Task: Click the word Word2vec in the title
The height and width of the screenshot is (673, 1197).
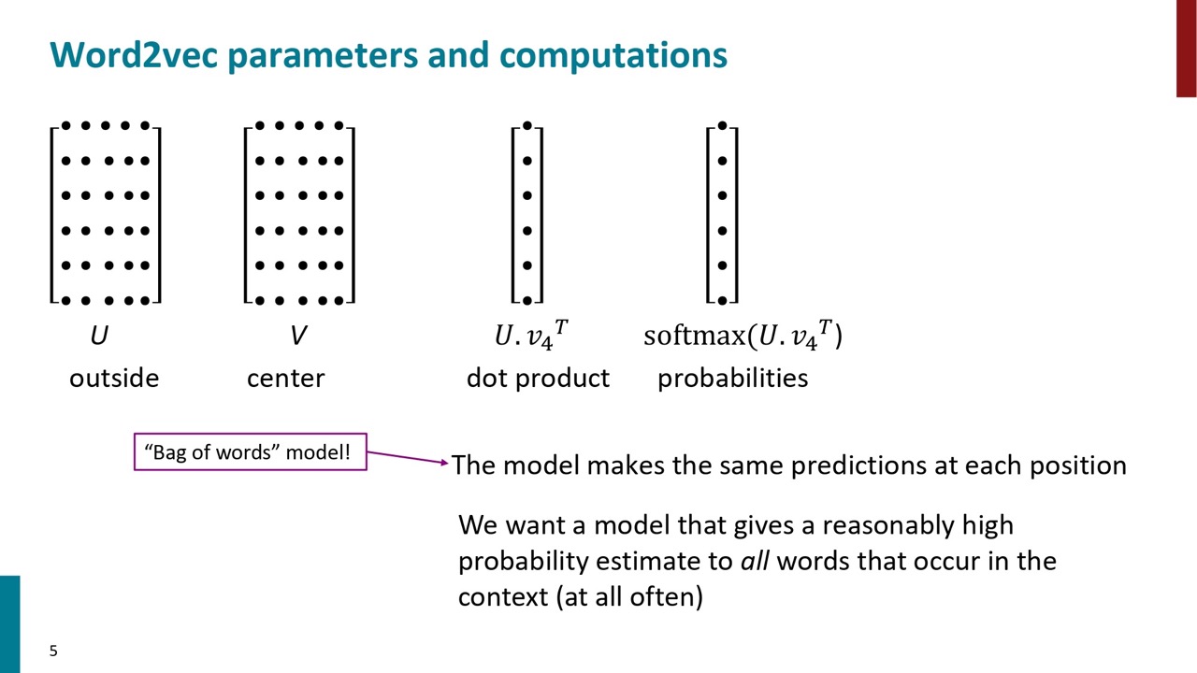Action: tap(134, 54)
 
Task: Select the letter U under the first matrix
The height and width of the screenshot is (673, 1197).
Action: tap(99, 336)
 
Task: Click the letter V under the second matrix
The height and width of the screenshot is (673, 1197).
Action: tap(298, 336)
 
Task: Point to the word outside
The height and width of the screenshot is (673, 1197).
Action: tap(114, 379)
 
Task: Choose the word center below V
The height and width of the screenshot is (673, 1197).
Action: tap(286, 379)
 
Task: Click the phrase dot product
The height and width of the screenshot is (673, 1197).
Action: tap(538, 379)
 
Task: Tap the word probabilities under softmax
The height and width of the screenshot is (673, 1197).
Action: tap(732, 379)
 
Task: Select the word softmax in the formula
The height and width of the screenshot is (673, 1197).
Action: tap(695, 336)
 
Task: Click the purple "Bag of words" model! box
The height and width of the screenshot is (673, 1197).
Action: tap(250, 451)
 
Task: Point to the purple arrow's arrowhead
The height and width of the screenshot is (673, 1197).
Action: tap(444, 463)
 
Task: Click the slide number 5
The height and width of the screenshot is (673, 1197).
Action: tap(53, 651)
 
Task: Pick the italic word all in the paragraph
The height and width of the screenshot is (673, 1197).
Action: tap(755, 561)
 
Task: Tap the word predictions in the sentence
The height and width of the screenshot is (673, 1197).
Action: tap(858, 465)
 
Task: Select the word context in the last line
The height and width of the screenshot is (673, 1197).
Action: tap(503, 596)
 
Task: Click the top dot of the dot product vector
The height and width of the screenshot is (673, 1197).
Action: tap(526, 125)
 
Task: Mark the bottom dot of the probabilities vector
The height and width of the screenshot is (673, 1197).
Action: tap(722, 300)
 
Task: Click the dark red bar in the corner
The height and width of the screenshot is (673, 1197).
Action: tap(1187, 48)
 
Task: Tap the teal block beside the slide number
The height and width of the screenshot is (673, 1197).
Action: tap(9, 623)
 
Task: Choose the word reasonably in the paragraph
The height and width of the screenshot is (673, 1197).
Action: tap(888, 526)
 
